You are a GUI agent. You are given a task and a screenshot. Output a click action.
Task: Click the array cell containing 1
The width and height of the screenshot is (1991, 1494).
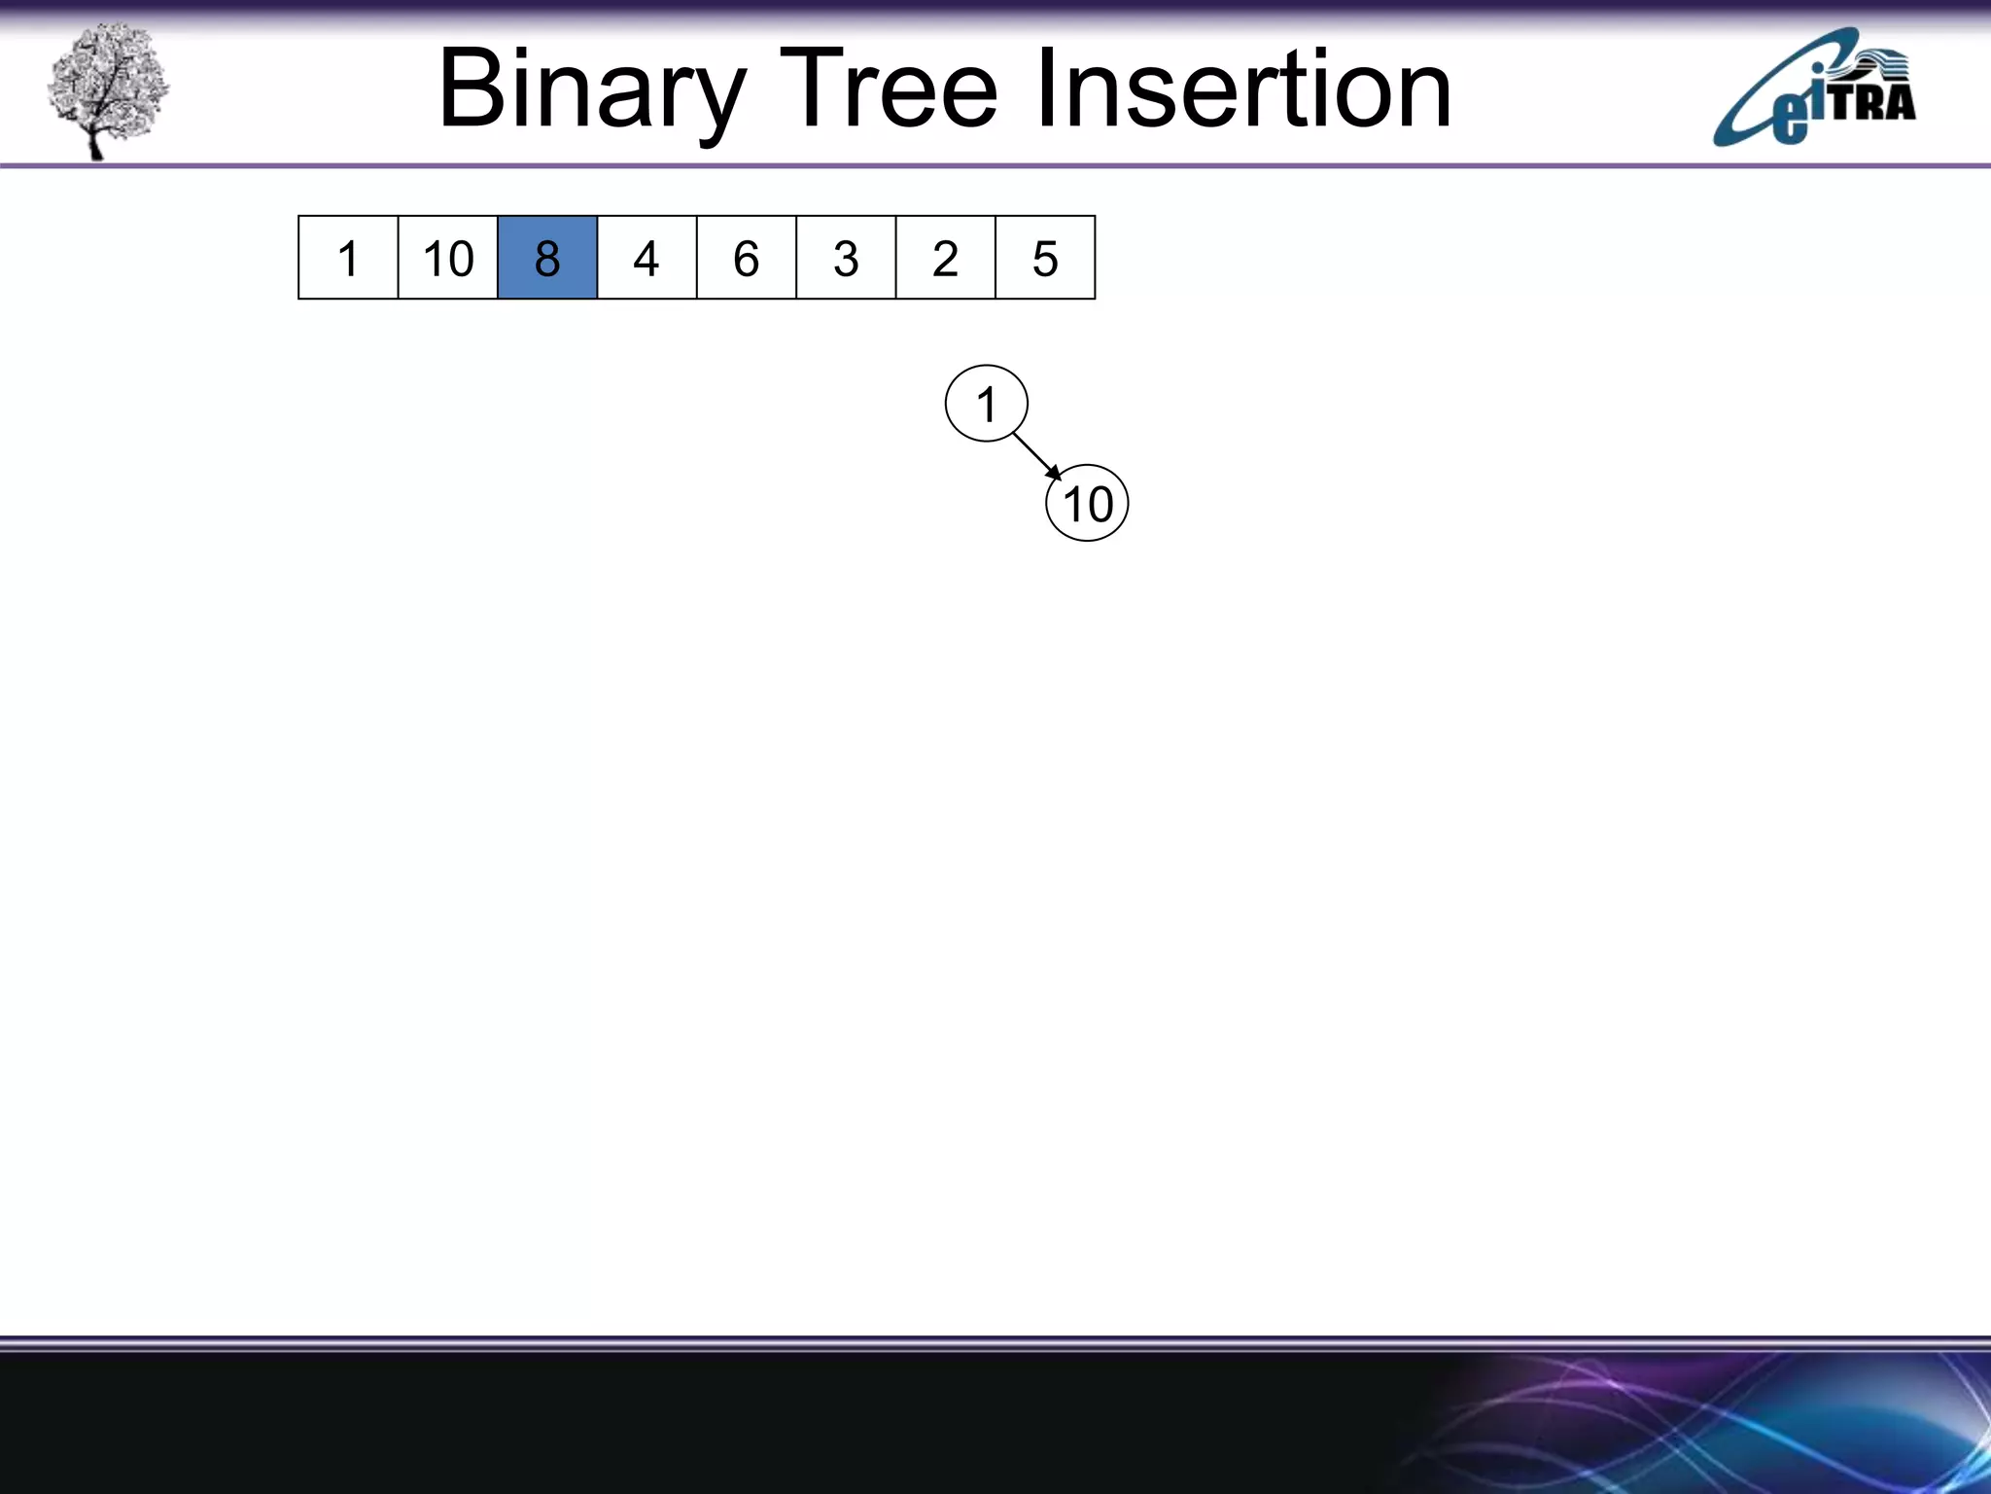pos(348,258)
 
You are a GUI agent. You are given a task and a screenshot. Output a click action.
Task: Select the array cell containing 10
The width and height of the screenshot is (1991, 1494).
pos(447,258)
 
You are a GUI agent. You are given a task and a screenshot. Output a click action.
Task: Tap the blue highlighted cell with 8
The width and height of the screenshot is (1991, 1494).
pos(546,258)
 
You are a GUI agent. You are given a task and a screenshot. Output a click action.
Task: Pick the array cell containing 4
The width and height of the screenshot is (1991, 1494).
pos(646,258)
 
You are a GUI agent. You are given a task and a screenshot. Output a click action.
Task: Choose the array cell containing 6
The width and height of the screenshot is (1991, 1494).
pos(746,258)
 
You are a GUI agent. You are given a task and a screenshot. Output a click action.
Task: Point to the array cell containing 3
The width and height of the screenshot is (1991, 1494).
pos(846,258)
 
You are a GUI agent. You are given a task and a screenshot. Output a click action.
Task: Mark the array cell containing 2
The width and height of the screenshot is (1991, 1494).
pos(945,258)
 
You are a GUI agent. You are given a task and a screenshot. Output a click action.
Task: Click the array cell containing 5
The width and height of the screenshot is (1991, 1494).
pos(1045,258)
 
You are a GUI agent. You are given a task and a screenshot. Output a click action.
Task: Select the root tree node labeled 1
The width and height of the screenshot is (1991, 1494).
pos(986,404)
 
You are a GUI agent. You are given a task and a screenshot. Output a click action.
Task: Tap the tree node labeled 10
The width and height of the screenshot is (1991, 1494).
pos(1087,504)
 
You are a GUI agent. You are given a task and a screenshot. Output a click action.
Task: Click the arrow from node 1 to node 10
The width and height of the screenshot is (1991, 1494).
pos(1034,454)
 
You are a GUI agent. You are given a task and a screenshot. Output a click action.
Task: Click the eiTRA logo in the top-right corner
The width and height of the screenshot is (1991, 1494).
pos(1814,89)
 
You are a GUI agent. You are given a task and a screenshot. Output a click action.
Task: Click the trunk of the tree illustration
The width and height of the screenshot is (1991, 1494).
pos(94,141)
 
